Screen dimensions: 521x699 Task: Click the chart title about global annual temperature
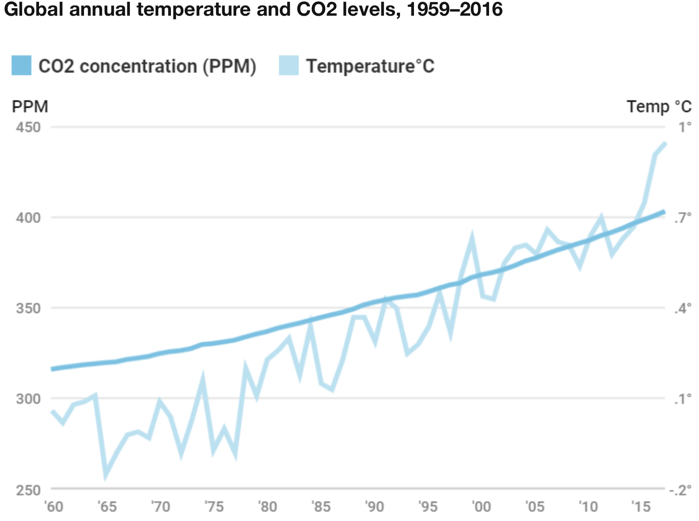pos(253,9)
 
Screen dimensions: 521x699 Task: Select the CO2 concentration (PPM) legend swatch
pos(21,66)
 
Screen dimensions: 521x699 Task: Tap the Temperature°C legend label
pos(370,66)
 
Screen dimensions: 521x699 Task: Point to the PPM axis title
pos(30,106)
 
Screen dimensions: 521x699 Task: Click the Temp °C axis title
pos(659,106)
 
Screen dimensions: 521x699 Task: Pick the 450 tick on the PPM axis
pos(28,127)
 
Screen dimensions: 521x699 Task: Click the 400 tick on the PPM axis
pos(28,218)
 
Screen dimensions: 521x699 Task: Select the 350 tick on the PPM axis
pos(28,308)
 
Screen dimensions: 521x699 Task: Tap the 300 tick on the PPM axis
pos(28,399)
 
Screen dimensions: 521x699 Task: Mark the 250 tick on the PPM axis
pos(28,490)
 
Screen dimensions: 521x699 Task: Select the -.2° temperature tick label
pos(680,490)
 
